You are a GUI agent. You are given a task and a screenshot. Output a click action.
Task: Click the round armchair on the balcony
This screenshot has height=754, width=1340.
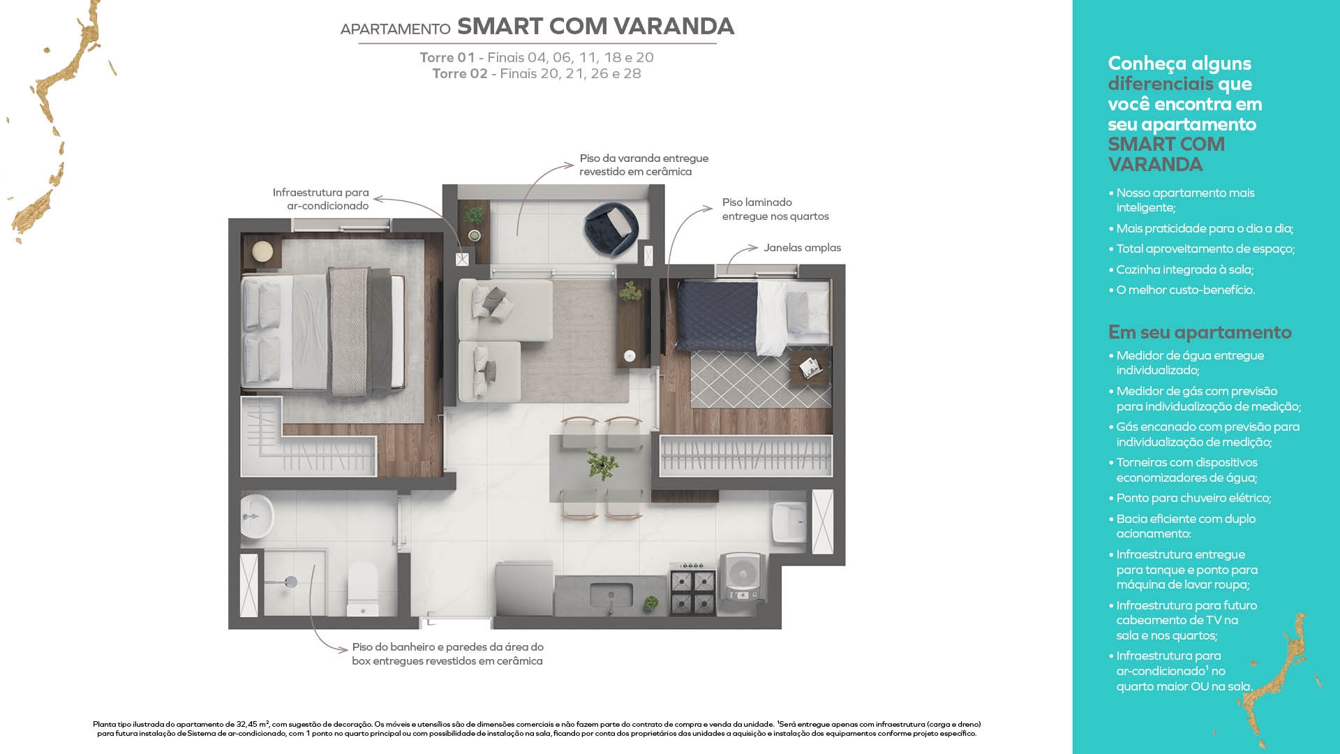[x=611, y=228]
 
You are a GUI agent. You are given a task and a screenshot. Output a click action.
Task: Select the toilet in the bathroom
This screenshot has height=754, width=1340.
[x=363, y=590]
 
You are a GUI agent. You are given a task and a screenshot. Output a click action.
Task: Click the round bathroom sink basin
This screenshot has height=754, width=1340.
[x=257, y=517]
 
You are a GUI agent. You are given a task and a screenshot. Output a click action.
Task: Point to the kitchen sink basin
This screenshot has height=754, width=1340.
[x=611, y=596]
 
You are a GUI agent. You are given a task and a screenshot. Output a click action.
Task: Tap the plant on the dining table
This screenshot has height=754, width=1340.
[x=602, y=466]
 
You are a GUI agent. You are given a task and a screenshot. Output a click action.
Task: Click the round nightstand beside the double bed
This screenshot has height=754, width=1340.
[x=262, y=251]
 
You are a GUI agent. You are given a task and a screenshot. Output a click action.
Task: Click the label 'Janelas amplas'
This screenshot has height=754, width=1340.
[x=802, y=248]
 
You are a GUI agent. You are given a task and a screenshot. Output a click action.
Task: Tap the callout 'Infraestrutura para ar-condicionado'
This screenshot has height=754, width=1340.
[x=321, y=199]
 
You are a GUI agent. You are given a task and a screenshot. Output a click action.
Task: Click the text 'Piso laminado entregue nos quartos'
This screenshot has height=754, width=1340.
[x=775, y=209]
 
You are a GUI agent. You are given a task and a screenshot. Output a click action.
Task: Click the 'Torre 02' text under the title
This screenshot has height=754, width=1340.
[x=459, y=73]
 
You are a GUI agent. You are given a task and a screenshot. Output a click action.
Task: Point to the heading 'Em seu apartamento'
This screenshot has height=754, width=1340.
[x=1200, y=332]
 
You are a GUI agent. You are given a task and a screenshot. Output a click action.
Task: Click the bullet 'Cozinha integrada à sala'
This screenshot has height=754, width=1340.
[x=1184, y=269]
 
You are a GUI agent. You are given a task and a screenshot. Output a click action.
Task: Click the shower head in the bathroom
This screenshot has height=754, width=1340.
[x=290, y=582]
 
